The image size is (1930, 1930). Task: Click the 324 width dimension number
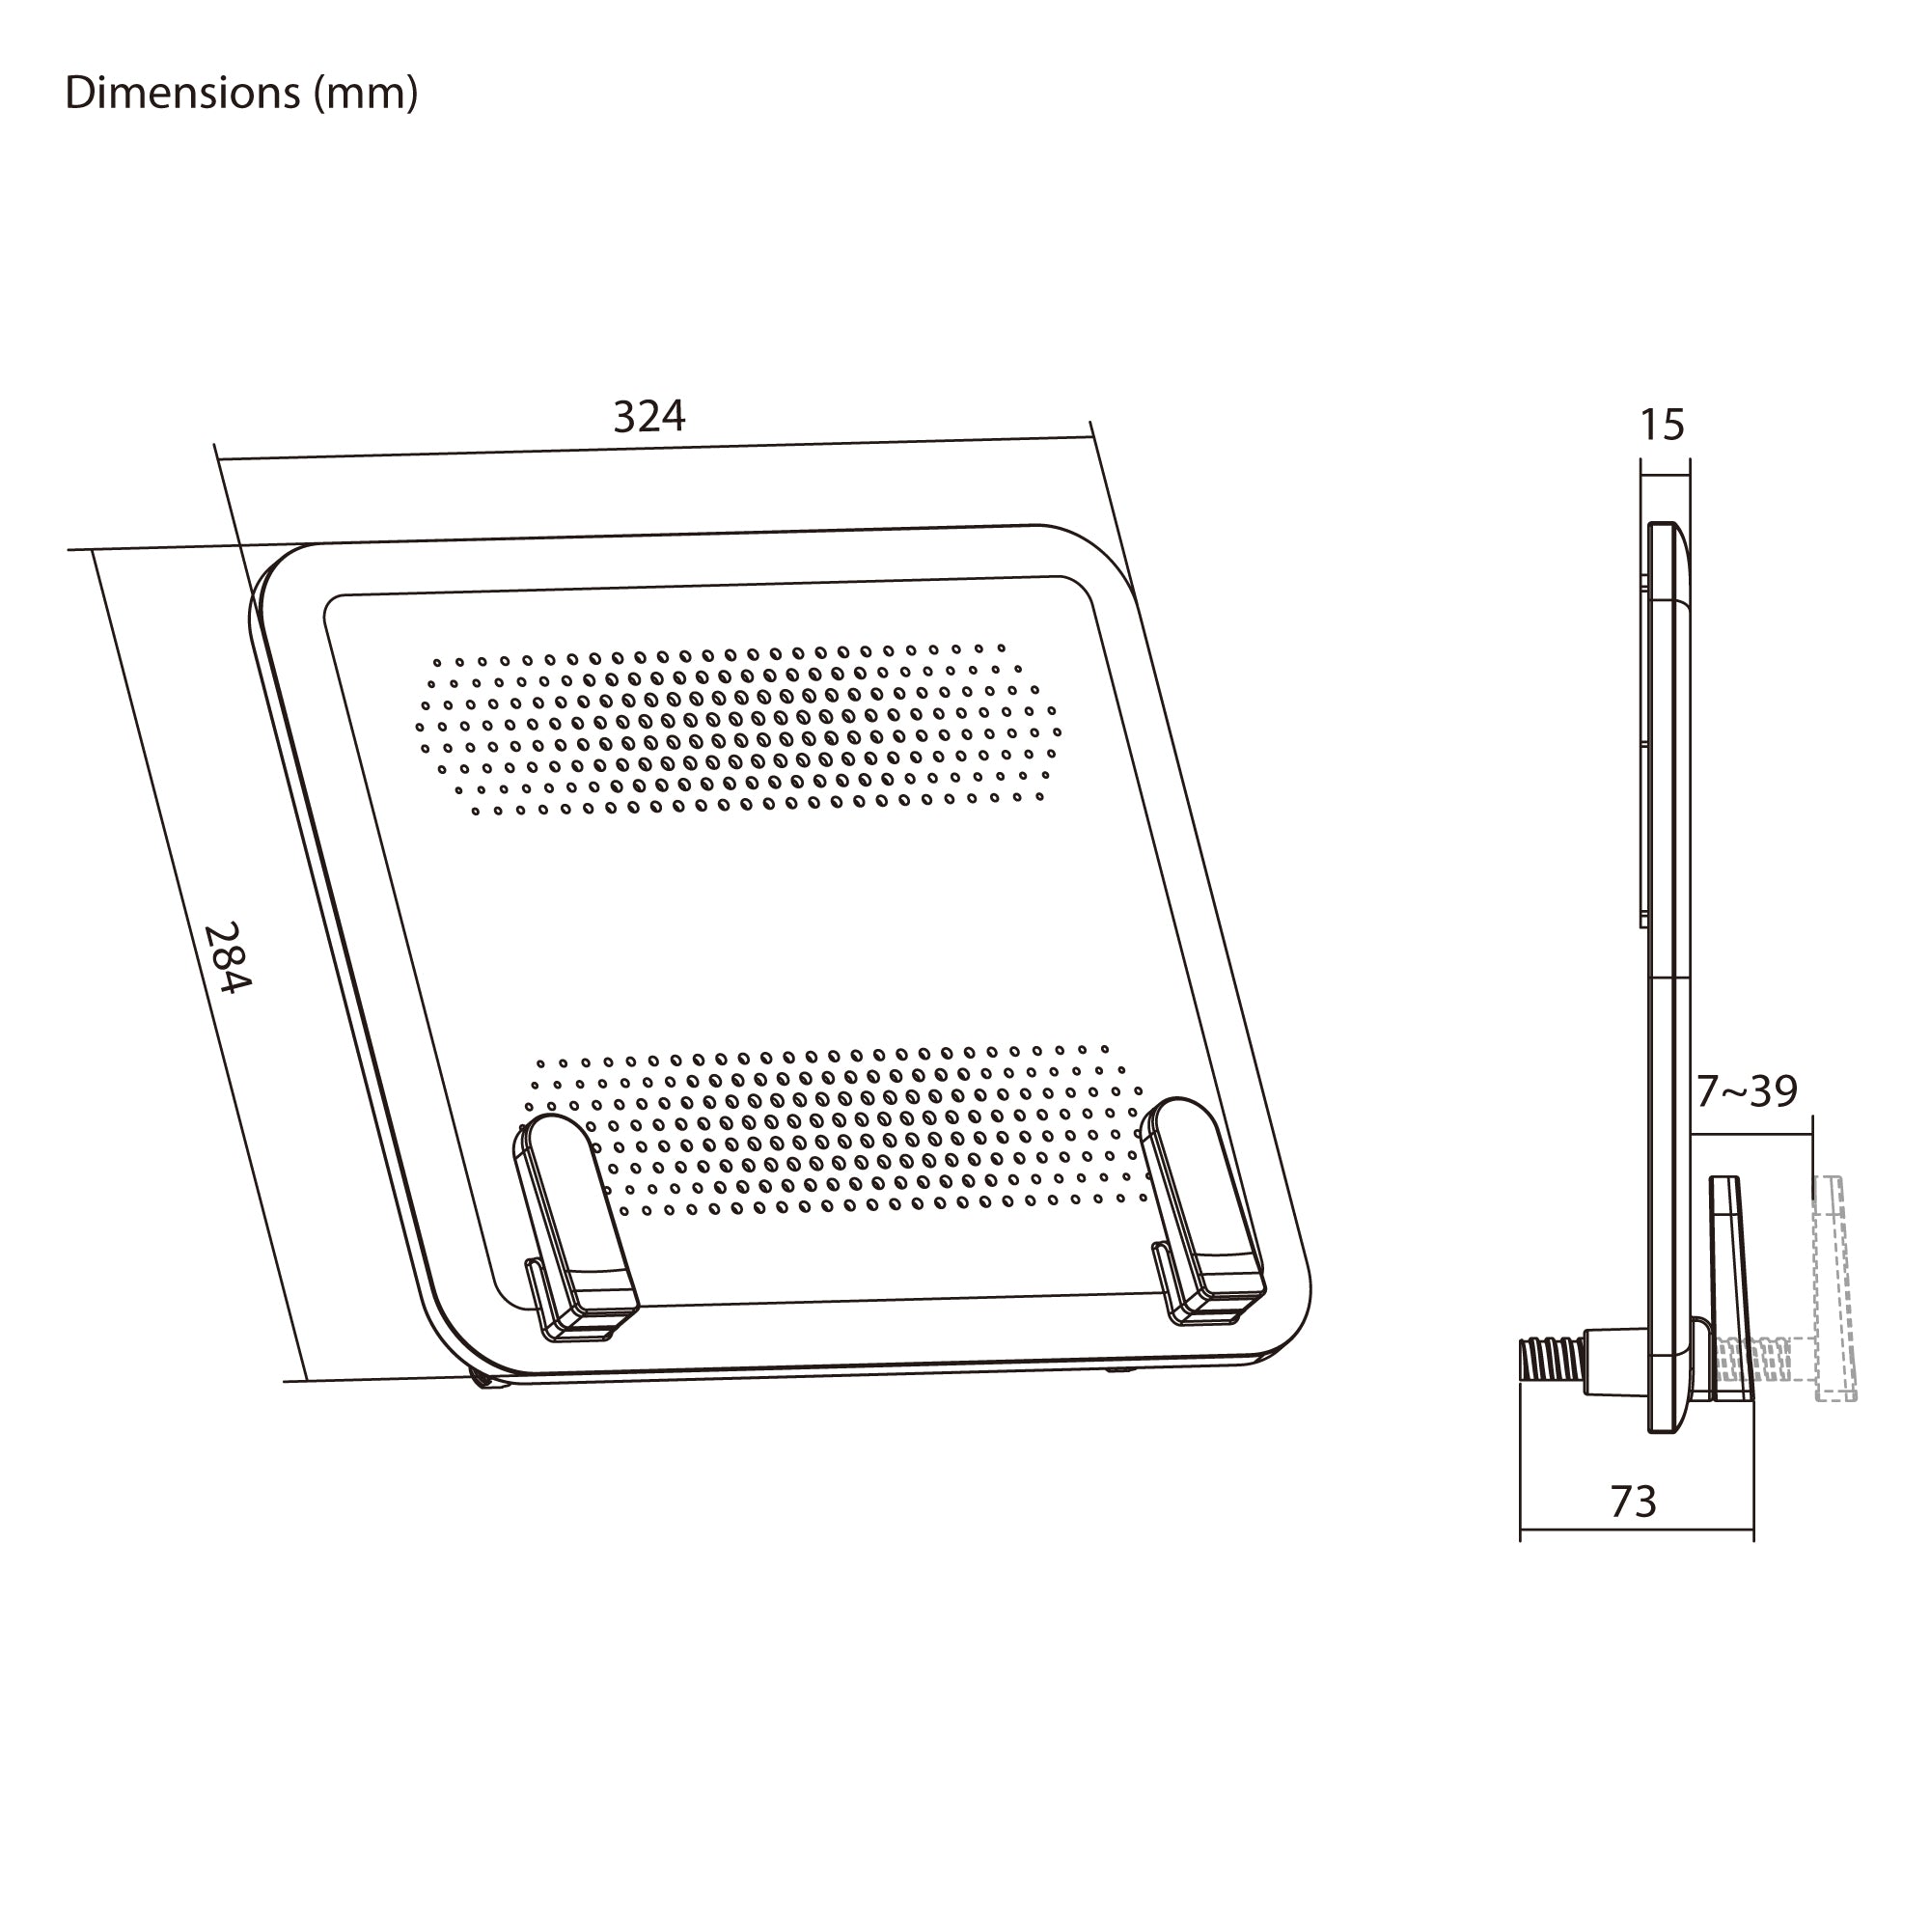(x=649, y=417)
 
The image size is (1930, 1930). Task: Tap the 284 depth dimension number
(x=227, y=957)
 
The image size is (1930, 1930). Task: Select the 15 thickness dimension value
(x=1663, y=426)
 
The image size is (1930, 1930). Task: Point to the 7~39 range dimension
(x=1748, y=1090)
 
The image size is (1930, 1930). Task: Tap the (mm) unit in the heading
(x=366, y=94)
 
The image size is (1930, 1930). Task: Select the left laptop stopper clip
(x=574, y=1228)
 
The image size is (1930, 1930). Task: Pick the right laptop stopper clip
(x=1202, y=1212)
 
